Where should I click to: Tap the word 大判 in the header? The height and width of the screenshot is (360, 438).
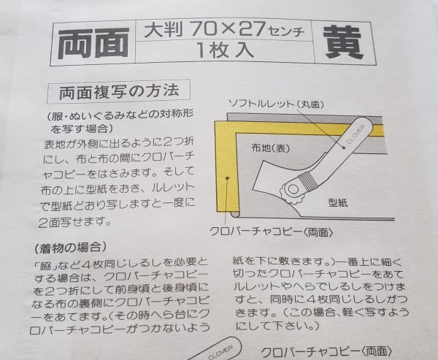pyautogui.click(x=158, y=31)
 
